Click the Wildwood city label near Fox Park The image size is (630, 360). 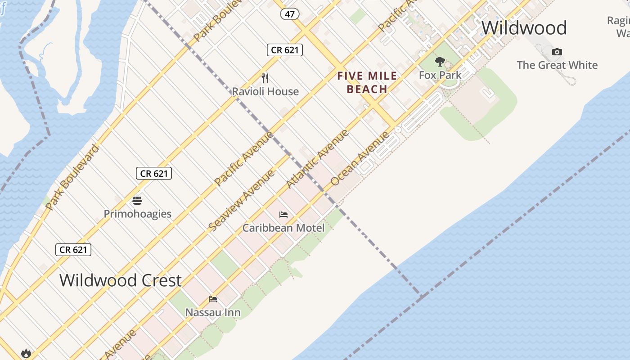[x=524, y=28]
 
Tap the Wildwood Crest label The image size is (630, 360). [x=121, y=280]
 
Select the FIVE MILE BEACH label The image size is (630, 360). [x=367, y=82]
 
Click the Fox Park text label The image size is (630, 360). [x=440, y=75]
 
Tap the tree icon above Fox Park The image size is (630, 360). [x=440, y=62]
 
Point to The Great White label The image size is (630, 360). [x=557, y=65]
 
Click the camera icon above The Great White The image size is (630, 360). [x=557, y=52]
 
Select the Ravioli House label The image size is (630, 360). [x=265, y=91]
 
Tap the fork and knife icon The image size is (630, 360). [x=265, y=78]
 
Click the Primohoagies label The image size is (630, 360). [x=137, y=214]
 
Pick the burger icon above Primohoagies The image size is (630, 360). [x=137, y=201]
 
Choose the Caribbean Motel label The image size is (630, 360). [x=283, y=228]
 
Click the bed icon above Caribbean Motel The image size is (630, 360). [x=283, y=215]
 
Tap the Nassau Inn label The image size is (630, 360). [x=213, y=312]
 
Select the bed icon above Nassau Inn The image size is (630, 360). [x=213, y=299]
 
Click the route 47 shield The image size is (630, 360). [x=289, y=14]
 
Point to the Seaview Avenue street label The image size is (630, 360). [x=242, y=200]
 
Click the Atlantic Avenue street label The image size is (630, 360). [x=318, y=158]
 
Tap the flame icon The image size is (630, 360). [x=26, y=353]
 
